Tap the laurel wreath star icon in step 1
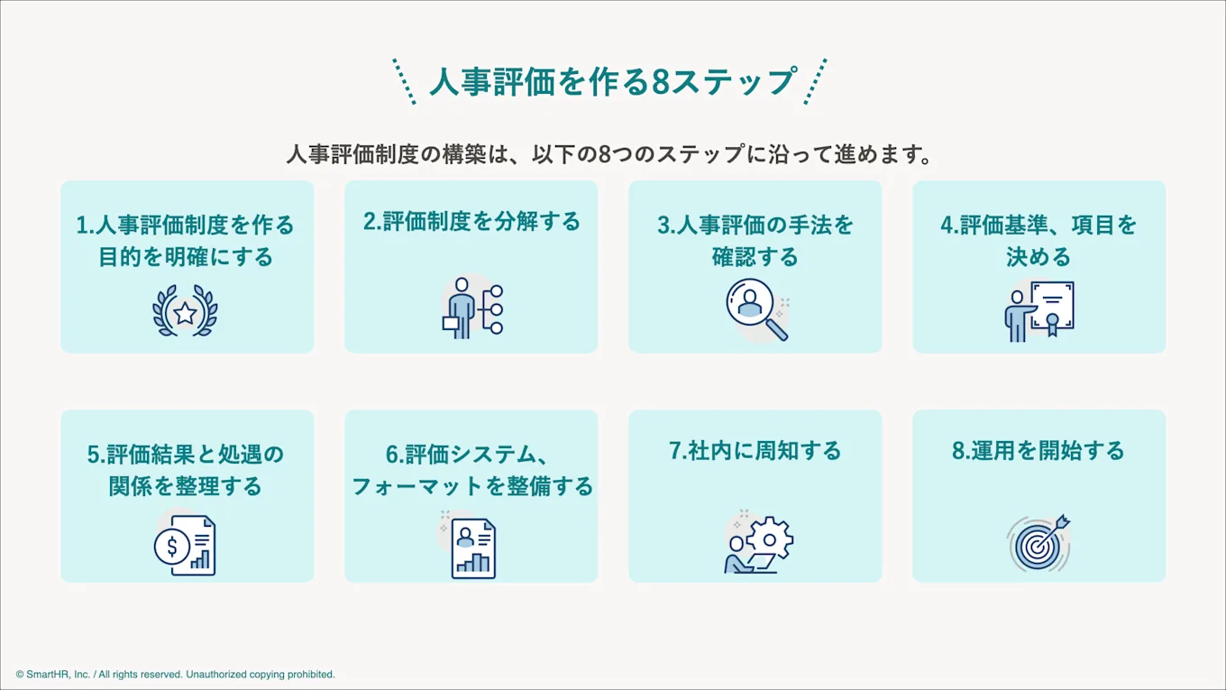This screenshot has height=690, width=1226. (x=185, y=312)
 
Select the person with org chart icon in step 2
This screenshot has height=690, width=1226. (x=471, y=308)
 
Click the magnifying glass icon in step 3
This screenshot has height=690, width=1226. (x=755, y=309)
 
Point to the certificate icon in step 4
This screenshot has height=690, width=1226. (x=1040, y=311)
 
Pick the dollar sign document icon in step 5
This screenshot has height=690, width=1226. (x=185, y=544)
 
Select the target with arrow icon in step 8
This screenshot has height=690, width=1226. (x=1038, y=543)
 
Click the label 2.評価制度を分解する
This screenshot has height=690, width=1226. (x=471, y=222)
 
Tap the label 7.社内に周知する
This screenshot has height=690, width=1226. (x=755, y=450)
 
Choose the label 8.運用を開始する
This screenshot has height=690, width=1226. (x=1038, y=450)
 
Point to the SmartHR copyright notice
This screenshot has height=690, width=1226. (x=175, y=674)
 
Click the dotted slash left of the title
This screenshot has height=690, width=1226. (x=405, y=81)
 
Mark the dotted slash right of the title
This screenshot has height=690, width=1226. (x=815, y=81)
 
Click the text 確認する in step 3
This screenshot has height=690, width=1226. (x=755, y=257)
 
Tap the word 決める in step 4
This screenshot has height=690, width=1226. (x=1038, y=257)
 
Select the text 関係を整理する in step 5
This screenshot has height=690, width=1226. (x=186, y=486)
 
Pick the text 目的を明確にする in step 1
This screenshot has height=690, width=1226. (x=186, y=257)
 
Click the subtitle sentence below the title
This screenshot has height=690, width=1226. (x=609, y=154)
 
